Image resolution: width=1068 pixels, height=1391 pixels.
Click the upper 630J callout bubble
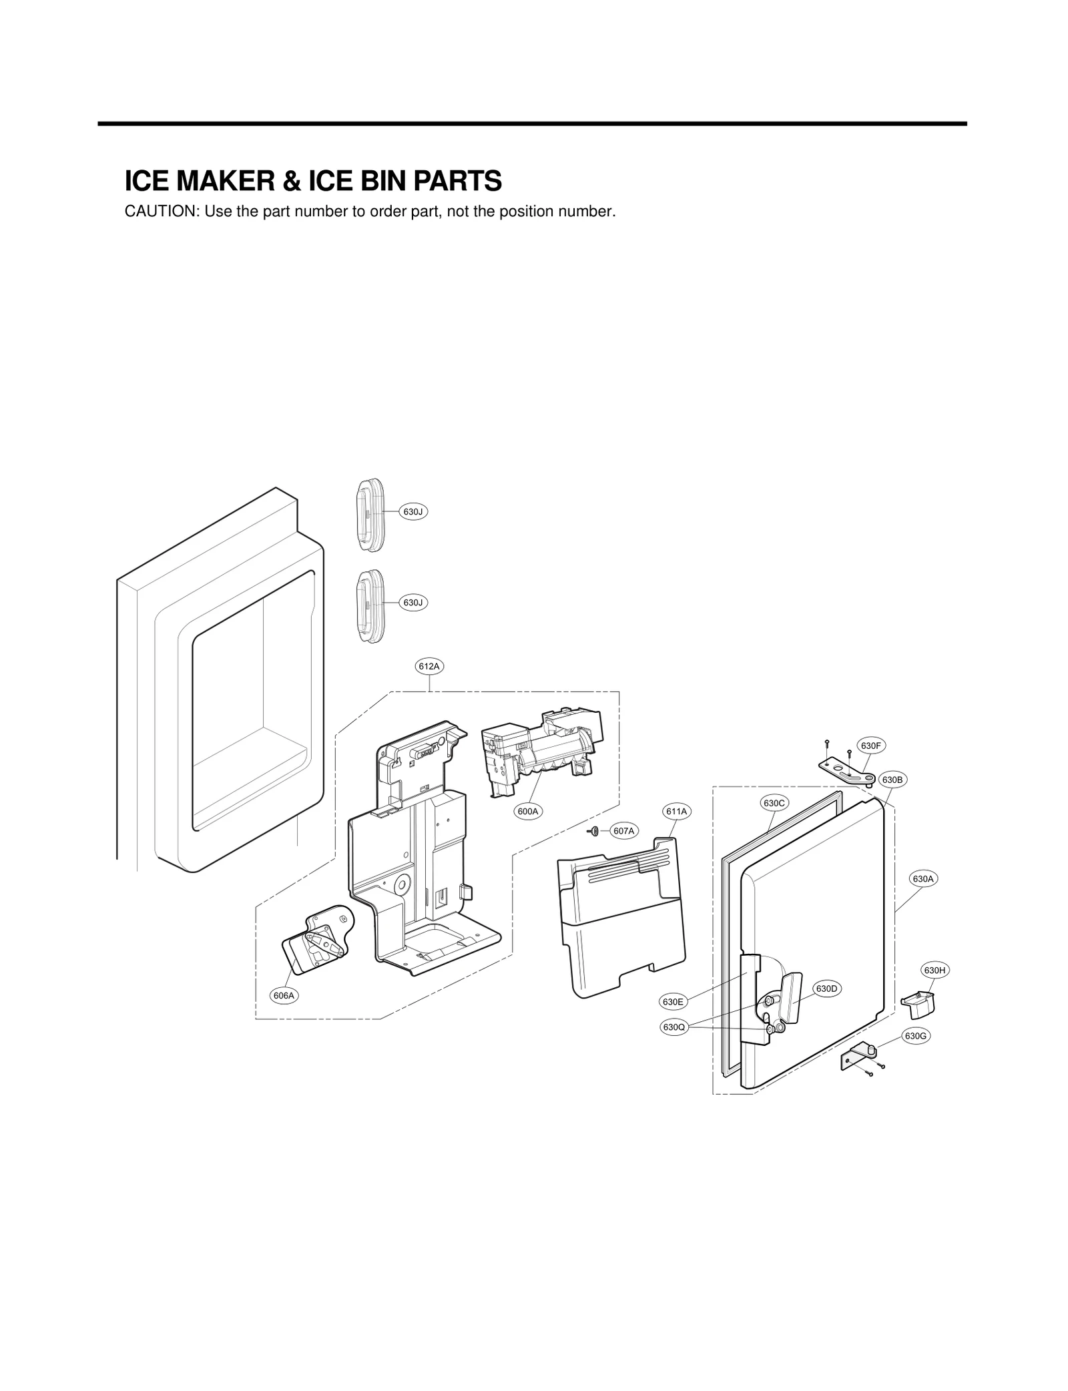click(x=413, y=512)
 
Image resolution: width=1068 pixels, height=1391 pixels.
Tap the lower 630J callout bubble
click(x=413, y=603)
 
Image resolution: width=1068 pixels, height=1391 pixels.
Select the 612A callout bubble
click(x=429, y=666)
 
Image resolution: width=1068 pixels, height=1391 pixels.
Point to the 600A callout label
click(x=527, y=812)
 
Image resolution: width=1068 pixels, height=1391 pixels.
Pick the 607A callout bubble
click(x=623, y=831)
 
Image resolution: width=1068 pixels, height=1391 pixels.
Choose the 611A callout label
click(x=676, y=812)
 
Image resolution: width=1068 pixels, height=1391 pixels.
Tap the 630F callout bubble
click(x=872, y=746)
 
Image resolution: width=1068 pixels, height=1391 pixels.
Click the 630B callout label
click(x=892, y=780)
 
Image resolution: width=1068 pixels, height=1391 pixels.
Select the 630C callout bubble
click(x=774, y=803)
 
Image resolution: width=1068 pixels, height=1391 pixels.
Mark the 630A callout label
click(x=923, y=879)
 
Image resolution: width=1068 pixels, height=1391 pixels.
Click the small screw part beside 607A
click(x=593, y=830)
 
